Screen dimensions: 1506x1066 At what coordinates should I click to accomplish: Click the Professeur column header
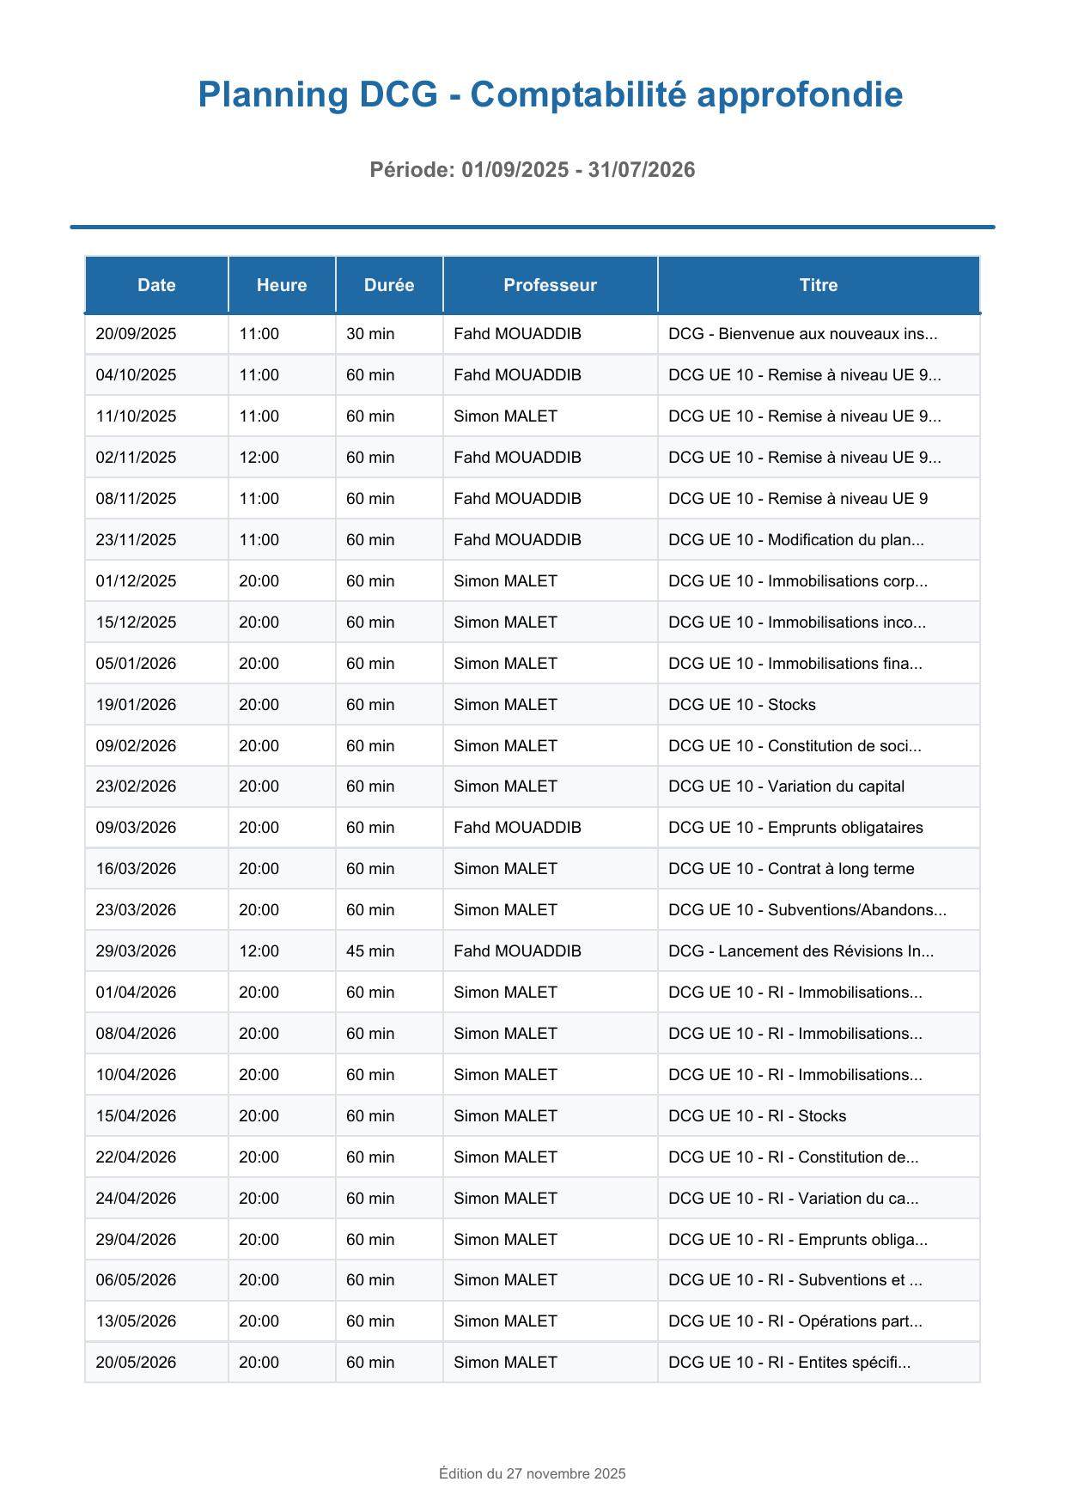coord(550,285)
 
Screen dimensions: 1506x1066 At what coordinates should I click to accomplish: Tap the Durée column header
coord(389,285)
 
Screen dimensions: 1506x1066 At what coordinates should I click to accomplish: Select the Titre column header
coord(818,285)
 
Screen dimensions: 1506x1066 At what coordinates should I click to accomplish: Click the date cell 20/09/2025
coord(136,334)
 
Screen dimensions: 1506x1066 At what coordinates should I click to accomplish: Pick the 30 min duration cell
coord(370,334)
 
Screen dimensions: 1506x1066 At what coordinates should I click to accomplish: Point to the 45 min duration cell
coord(370,951)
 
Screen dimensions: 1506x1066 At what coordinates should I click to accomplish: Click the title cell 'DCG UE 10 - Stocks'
coord(742,705)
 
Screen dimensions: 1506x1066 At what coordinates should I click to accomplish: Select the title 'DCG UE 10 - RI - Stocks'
coord(757,1116)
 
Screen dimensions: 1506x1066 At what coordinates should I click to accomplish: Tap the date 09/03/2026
coord(136,828)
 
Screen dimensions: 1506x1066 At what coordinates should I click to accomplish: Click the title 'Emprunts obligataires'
coord(795,828)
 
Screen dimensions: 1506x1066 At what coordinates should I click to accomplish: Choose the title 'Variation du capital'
coord(786,786)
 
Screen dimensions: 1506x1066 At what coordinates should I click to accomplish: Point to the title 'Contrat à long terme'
coord(791,869)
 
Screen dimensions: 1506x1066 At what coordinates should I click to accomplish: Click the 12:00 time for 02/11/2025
coord(259,458)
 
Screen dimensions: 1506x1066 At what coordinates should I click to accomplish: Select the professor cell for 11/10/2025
coord(505,416)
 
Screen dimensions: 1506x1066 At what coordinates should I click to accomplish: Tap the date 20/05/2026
coord(136,1363)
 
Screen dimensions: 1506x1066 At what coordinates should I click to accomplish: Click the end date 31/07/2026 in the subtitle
coord(642,170)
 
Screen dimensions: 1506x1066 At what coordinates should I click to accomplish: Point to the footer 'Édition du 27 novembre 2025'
coord(533,1473)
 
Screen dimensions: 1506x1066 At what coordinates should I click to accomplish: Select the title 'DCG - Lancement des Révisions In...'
coord(801,951)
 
